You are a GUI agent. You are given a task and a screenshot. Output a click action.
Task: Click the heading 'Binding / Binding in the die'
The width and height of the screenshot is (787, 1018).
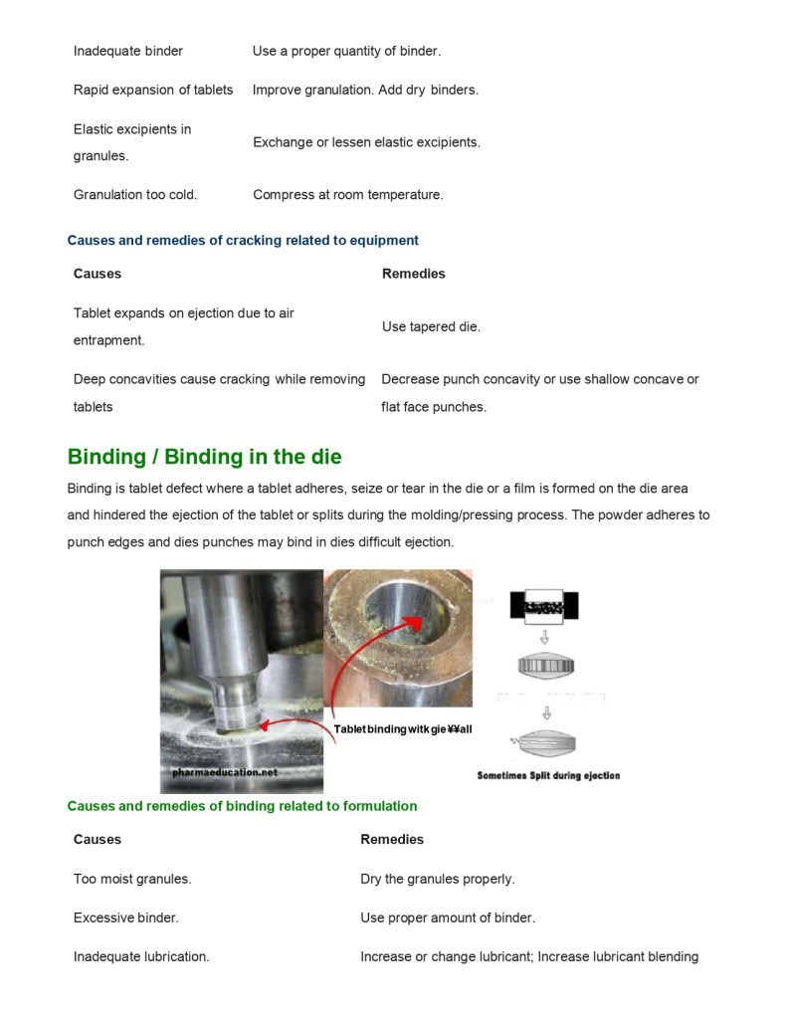[x=204, y=457]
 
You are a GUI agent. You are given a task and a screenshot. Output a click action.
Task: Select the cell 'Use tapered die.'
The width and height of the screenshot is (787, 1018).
[x=431, y=326]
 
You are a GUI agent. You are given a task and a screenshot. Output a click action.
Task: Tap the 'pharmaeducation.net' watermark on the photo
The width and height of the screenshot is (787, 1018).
[x=218, y=771]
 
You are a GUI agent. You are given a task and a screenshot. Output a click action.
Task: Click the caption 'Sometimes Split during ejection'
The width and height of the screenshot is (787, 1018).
[x=548, y=775]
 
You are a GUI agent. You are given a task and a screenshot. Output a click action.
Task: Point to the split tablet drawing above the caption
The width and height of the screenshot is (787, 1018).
[x=544, y=743]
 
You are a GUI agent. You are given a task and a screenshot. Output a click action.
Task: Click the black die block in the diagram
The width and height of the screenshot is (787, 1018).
[x=543, y=605]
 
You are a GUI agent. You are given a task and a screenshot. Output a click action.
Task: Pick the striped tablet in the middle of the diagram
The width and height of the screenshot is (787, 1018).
[x=545, y=666]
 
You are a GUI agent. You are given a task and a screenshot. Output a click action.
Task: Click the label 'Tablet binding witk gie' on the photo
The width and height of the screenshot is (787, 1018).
[x=402, y=729]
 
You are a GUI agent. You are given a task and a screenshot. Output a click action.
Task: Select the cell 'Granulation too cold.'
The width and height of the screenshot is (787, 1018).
[x=135, y=195]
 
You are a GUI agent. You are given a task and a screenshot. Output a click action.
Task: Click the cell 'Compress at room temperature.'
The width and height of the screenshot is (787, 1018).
[x=347, y=195]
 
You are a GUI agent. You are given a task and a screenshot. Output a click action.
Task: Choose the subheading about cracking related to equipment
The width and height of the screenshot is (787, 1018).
[x=243, y=240]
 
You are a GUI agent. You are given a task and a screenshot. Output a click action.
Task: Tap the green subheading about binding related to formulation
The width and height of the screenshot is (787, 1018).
[x=242, y=806]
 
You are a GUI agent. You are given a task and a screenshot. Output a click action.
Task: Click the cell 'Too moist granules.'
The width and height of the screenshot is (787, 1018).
[x=132, y=879]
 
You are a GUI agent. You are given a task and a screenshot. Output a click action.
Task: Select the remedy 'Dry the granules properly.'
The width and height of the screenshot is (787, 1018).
[x=437, y=879]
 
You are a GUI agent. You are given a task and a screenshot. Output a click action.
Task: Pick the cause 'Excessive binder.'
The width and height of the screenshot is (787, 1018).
[x=125, y=917]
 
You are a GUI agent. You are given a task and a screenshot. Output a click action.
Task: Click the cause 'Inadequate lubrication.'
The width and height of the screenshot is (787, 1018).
[x=141, y=956]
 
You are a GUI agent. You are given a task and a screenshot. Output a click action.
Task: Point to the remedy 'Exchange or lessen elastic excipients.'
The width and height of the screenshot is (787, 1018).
[x=366, y=142]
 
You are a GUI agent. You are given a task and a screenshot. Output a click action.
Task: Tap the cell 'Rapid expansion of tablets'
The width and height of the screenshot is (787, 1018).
[x=153, y=90]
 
